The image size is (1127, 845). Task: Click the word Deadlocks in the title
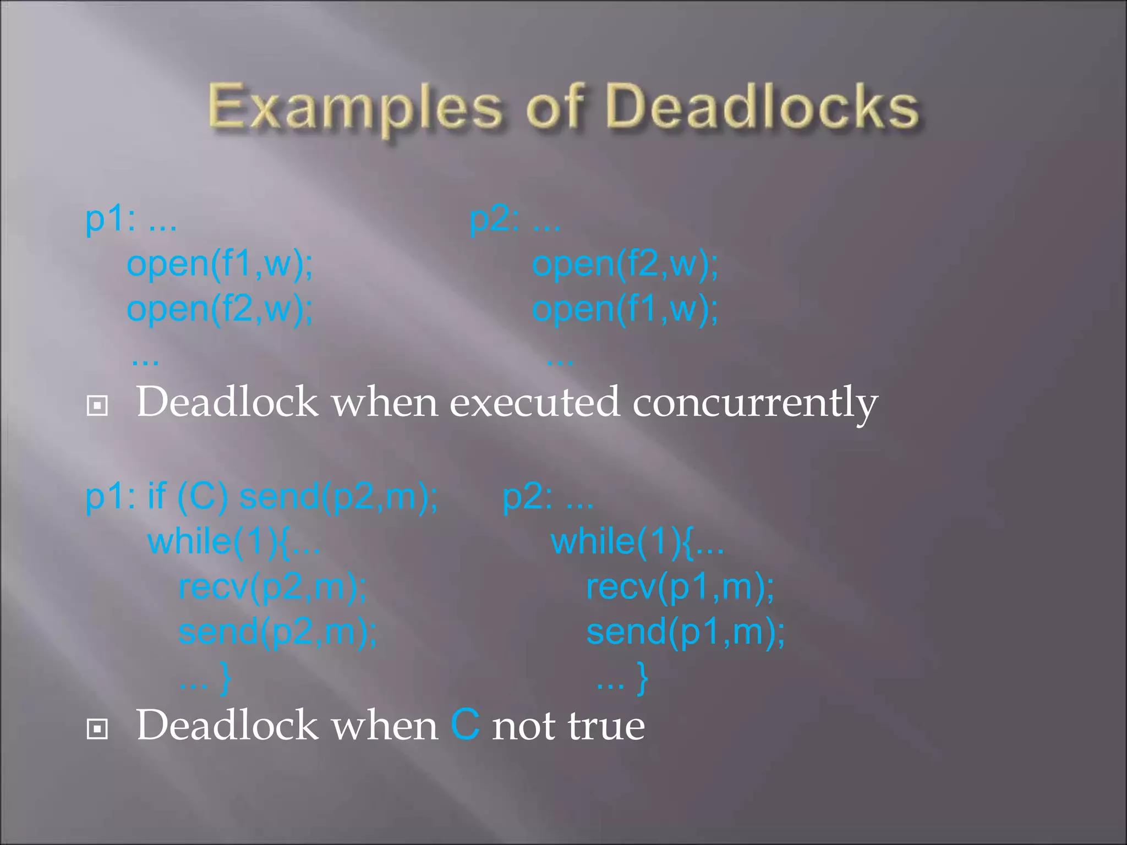coord(764,107)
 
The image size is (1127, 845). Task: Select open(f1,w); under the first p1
coord(220,264)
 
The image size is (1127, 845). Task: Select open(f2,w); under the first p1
coord(220,309)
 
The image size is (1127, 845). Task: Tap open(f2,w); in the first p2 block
coord(625,264)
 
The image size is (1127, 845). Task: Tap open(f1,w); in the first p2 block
coord(625,309)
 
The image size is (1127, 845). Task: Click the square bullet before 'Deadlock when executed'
coord(97,406)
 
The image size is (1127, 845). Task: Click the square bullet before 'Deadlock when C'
coord(97,729)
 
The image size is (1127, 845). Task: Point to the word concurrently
coord(754,403)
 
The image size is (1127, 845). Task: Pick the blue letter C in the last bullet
coord(465,725)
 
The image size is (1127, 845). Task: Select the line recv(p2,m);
coord(273,587)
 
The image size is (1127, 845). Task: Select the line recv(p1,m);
coord(680,587)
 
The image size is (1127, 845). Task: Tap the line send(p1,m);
coord(685,632)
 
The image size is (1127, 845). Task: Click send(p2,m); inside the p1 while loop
coord(278,632)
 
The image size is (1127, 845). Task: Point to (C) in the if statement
coord(202,496)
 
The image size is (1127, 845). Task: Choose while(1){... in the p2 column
coord(637,542)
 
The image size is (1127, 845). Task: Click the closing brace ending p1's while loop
coord(225,678)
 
